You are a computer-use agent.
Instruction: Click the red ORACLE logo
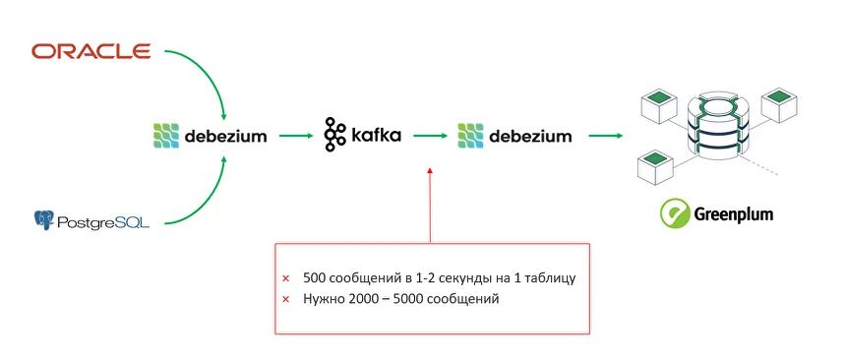(x=91, y=50)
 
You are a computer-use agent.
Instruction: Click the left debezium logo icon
(x=165, y=135)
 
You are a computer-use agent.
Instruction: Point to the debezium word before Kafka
(x=225, y=135)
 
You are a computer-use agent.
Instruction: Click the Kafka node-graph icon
(x=335, y=134)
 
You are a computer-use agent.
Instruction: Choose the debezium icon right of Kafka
(x=470, y=135)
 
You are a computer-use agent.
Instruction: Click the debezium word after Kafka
(x=530, y=135)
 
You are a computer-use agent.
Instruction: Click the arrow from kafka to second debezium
(x=430, y=135)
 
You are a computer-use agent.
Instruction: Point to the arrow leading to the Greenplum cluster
(x=605, y=135)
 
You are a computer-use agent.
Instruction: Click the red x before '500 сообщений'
(x=285, y=278)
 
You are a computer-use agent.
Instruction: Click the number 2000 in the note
(x=365, y=298)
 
